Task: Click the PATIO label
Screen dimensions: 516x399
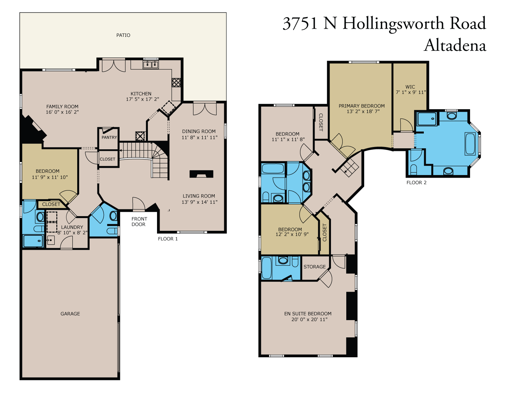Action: click(123, 35)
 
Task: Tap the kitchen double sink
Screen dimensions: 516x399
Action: click(150, 65)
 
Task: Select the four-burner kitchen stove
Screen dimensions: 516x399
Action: click(176, 82)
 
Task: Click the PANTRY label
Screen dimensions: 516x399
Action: click(109, 137)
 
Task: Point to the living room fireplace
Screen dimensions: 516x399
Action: click(201, 174)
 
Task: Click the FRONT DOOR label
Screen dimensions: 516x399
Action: click(139, 221)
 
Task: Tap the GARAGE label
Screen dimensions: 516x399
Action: click(70, 314)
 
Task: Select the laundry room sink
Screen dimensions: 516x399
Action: click(50, 240)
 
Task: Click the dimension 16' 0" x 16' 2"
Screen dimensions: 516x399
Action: click(62, 112)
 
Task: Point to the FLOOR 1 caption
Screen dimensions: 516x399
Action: click(168, 239)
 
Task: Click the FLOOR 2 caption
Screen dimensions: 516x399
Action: click(416, 183)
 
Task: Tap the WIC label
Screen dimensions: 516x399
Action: click(410, 87)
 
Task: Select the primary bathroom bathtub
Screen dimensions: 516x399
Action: click(470, 144)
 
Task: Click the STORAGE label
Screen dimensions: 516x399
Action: click(314, 267)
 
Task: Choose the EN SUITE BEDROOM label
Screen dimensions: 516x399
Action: click(308, 314)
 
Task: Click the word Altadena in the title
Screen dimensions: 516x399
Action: click(455, 45)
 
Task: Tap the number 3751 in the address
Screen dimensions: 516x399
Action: click(300, 23)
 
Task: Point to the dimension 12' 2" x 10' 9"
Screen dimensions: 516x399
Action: click(292, 234)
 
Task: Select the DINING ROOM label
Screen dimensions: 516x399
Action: click(199, 131)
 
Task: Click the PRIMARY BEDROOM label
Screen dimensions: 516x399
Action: click(361, 106)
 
